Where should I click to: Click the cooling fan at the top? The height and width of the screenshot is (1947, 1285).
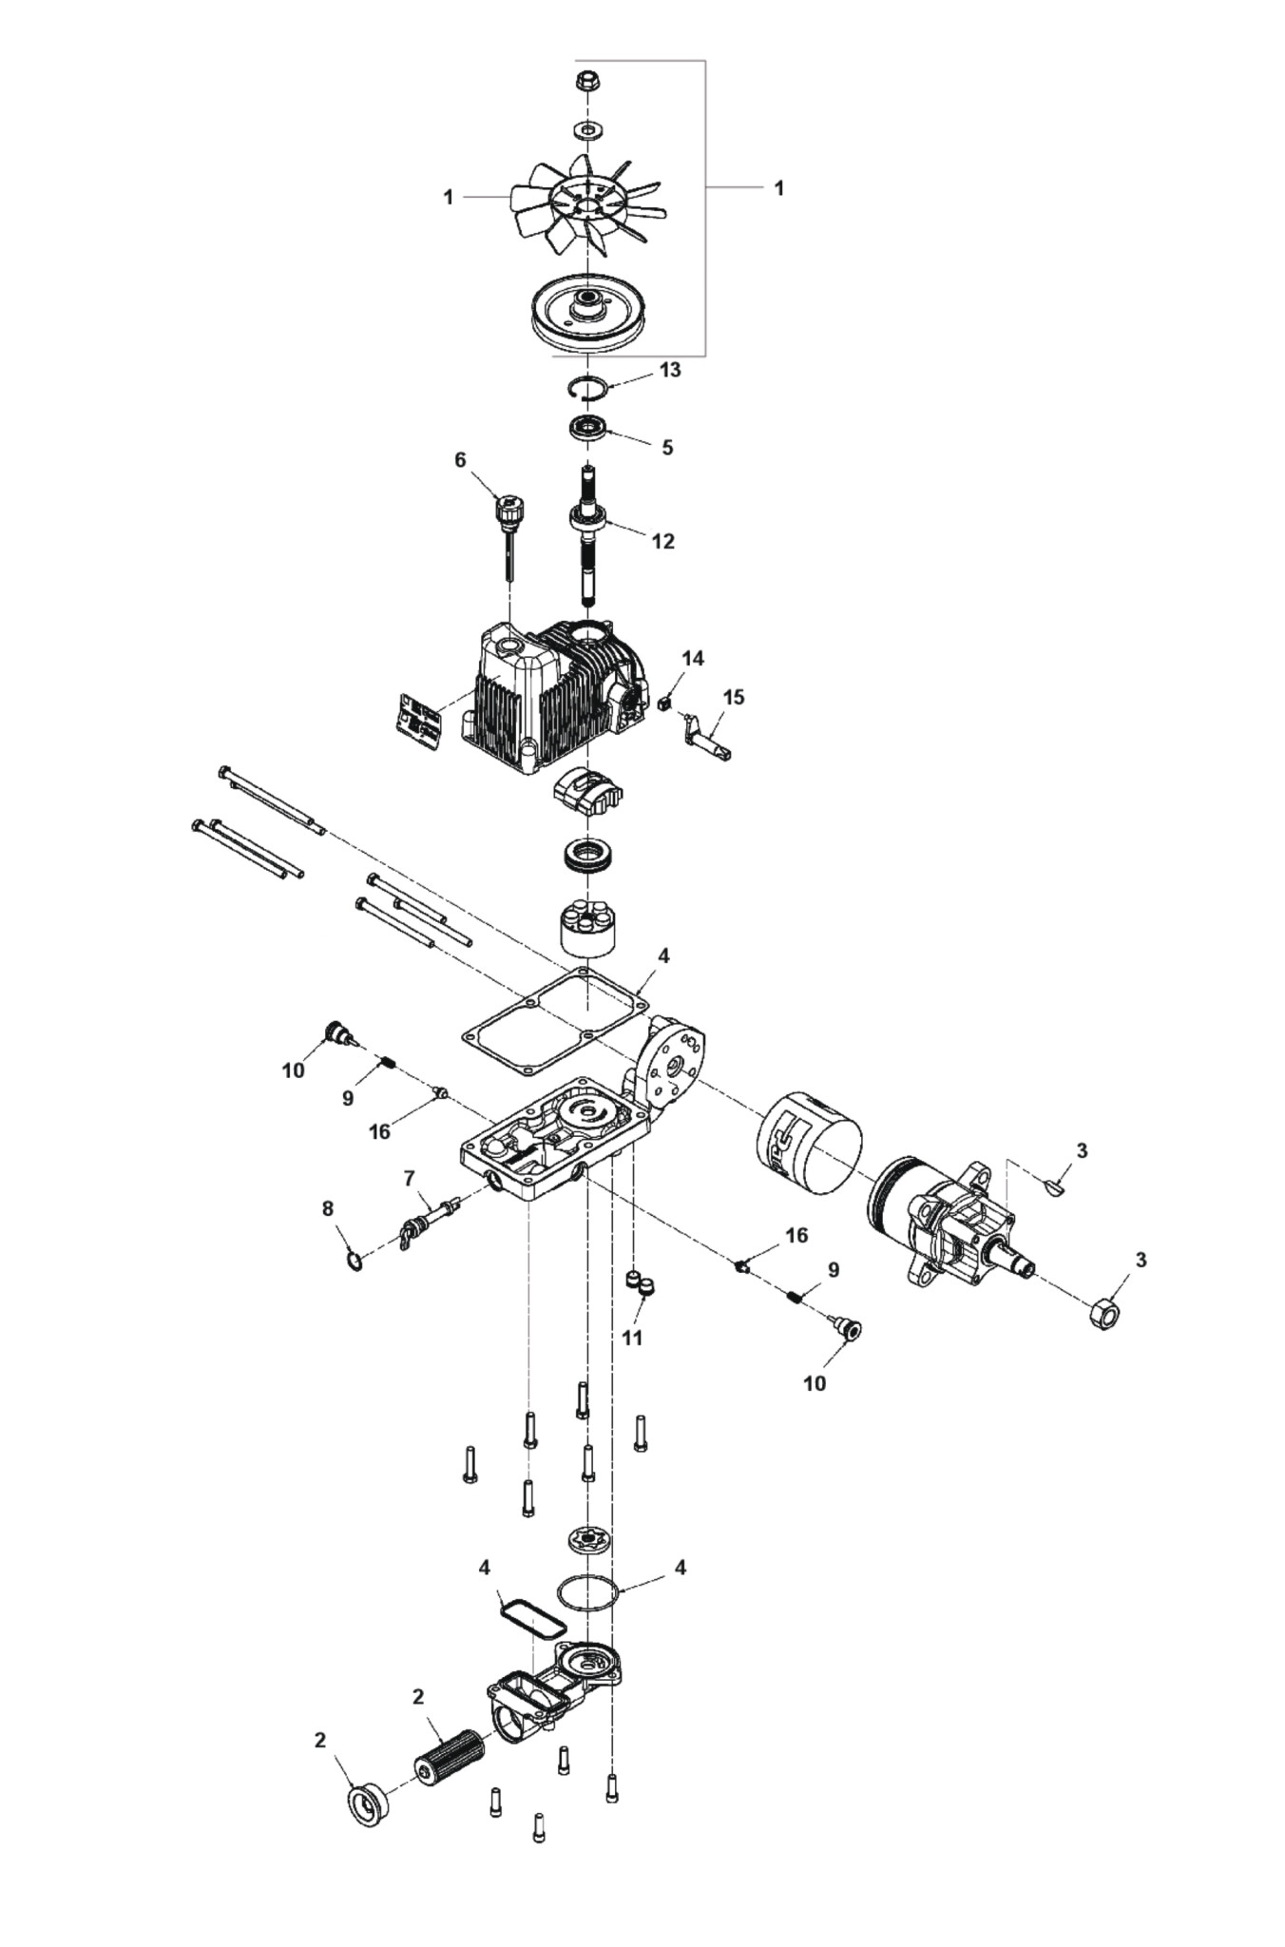pos(587,203)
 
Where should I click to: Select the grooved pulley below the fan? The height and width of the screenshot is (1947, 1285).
pos(589,315)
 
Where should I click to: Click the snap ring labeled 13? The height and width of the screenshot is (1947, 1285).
pos(582,387)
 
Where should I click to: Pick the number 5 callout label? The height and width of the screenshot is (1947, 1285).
pos(667,446)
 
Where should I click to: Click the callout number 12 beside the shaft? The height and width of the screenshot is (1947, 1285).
pos(662,540)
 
